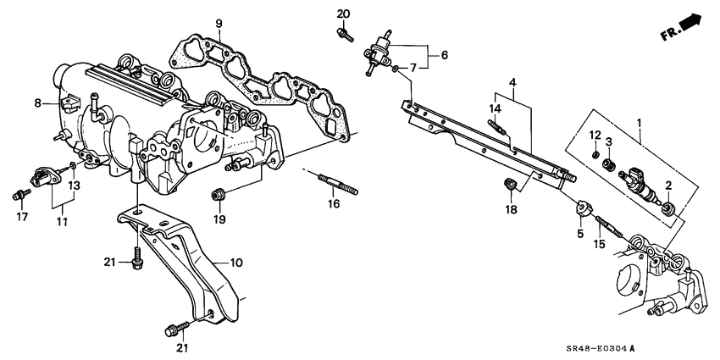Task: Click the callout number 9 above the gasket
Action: pyautogui.click(x=218, y=23)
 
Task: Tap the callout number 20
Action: pyautogui.click(x=342, y=14)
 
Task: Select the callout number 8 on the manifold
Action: pyautogui.click(x=37, y=103)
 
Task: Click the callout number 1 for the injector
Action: pyautogui.click(x=640, y=122)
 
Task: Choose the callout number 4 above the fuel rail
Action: pyautogui.click(x=512, y=82)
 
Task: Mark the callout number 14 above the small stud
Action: pyautogui.click(x=496, y=109)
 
